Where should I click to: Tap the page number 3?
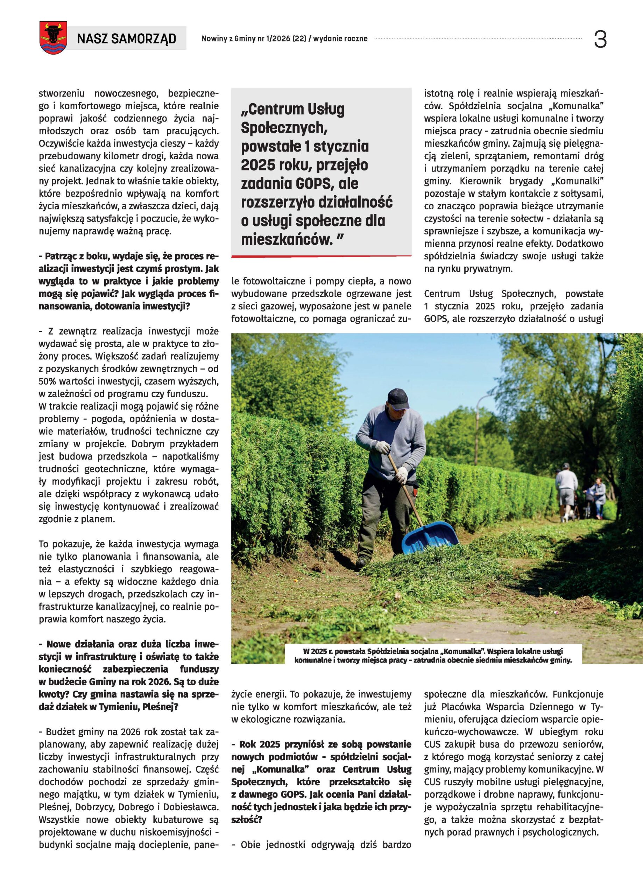point(600,40)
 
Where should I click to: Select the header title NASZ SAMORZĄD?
point(126,39)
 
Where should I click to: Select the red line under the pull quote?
point(321,257)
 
